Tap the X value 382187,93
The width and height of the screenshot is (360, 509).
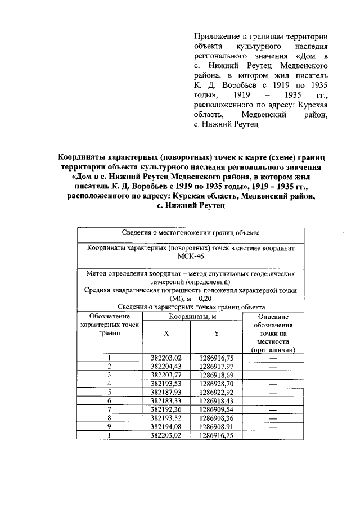[166, 391]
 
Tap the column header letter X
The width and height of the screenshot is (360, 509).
[166, 333]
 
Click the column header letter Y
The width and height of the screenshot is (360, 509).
[217, 333]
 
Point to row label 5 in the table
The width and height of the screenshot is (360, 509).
[110, 391]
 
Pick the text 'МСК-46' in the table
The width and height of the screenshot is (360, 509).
[191, 256]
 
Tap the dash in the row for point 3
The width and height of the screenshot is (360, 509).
[273, 375]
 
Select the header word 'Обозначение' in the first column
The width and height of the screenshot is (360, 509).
[109, 317]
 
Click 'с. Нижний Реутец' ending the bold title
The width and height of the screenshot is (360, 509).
[191, 206]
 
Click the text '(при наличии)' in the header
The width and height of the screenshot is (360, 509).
[273, 350]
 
